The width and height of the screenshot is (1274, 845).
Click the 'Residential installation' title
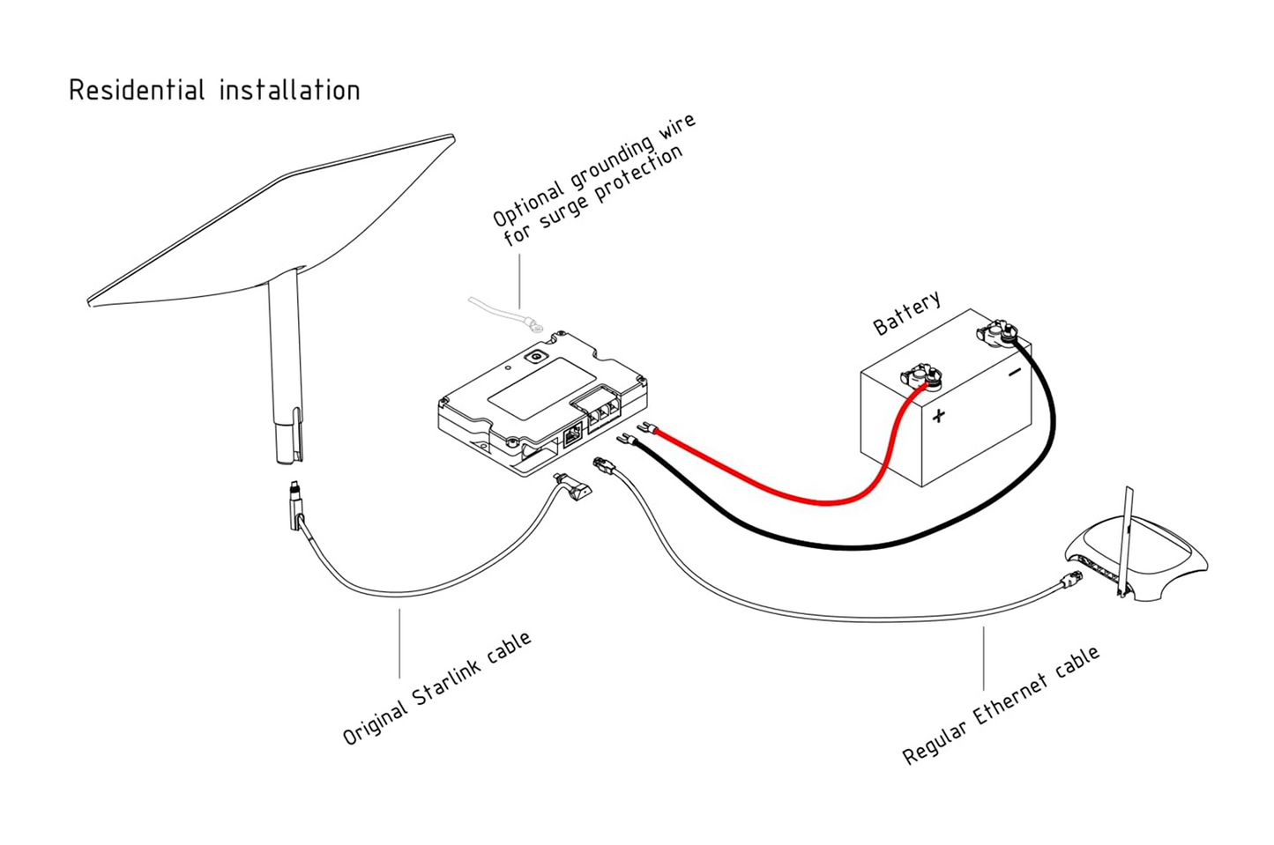(214, 91)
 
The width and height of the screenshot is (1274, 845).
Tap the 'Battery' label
(906, 313)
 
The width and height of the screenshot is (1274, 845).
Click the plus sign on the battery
(939, 415)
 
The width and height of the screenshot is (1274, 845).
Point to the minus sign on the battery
(1015, 373)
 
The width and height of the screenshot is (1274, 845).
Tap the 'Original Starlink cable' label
(436, 688)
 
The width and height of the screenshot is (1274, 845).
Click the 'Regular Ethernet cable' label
(1001, 705)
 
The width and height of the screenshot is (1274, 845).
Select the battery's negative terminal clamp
(996, 334)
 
